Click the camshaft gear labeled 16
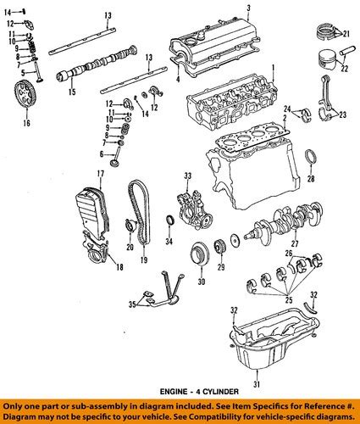point(25,94)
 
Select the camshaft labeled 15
point(97,63)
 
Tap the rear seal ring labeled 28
point(311,157)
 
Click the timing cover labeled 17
point(92,214)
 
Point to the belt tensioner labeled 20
point(130,226)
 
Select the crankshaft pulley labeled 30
point(200,253)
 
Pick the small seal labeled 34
point(169,220)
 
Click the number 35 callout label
point(132,304)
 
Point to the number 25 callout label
point(289,299)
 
